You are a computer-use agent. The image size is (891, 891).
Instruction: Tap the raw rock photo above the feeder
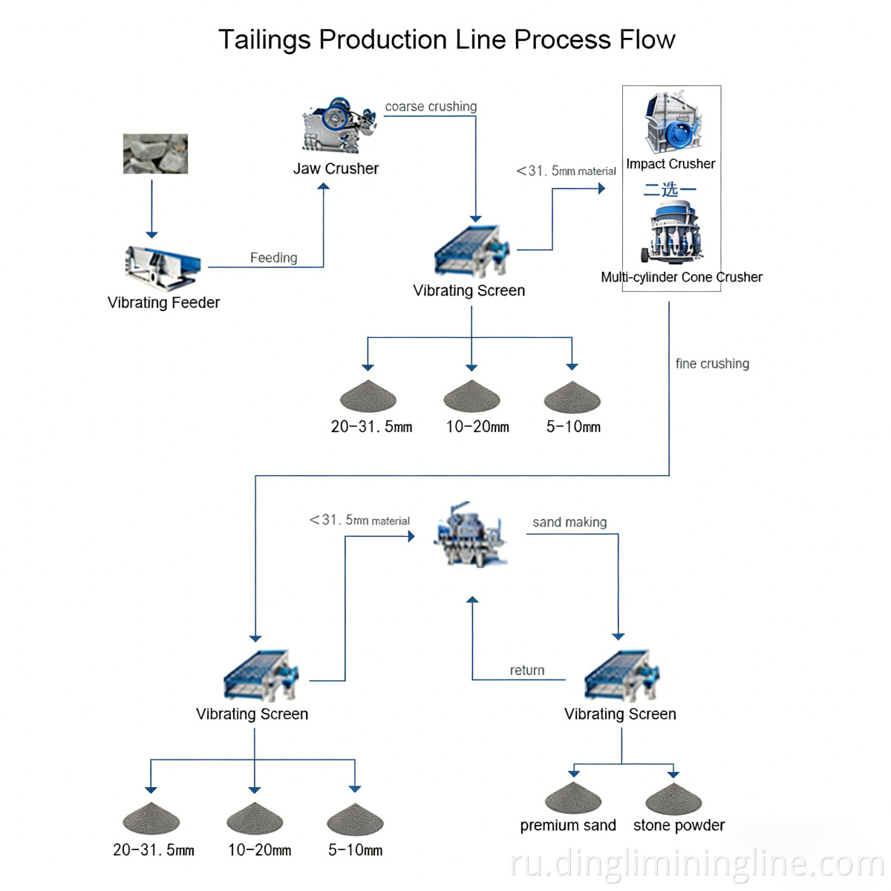155,154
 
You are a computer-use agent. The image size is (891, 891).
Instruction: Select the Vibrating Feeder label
163,302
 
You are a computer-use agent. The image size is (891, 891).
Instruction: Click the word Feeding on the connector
273,258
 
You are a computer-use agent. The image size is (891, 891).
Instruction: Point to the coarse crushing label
431,106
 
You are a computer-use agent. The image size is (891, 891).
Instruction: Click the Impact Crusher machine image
673,123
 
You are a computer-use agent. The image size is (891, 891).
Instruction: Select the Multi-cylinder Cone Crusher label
682,277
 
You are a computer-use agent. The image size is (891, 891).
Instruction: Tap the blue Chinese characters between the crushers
670,189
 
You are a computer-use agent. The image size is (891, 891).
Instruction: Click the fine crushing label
712,363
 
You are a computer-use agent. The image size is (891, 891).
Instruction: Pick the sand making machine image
470,535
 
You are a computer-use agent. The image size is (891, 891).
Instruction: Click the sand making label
569,522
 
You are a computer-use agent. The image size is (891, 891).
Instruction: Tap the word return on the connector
527,670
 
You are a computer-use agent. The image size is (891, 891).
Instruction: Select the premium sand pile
572,798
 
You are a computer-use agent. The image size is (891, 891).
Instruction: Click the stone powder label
679,825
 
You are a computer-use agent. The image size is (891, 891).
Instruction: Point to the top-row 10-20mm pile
471,396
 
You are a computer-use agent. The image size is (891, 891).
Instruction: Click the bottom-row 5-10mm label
355,849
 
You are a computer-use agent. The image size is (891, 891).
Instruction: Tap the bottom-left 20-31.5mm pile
151,819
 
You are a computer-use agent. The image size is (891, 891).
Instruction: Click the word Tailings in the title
264,39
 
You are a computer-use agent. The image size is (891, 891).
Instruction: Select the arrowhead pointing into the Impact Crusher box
601,189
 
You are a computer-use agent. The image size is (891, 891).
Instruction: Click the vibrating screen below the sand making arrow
621,676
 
